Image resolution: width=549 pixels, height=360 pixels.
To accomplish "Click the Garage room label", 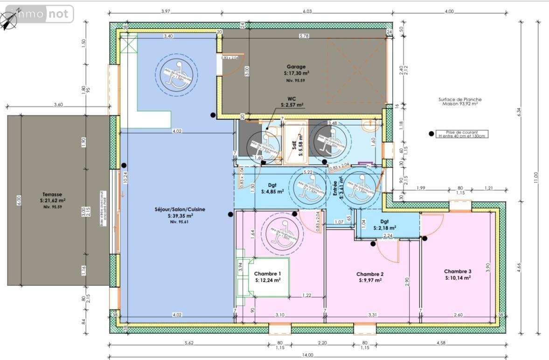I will [x=297, y=66].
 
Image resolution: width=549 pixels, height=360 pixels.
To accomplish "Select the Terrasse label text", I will [x=51, y=194].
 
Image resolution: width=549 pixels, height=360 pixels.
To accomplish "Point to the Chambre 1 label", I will [x=268, y=274].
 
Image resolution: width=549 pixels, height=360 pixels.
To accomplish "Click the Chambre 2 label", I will [x=370, y=274].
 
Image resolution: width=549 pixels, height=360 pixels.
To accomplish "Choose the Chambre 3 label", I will [x=457, y=271].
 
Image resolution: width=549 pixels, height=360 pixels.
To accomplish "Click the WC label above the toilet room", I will [x=292, y=99].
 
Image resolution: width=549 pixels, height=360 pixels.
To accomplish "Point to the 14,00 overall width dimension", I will [x=307, y=355].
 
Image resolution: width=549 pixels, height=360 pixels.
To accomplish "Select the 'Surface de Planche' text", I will [x=460, y=99].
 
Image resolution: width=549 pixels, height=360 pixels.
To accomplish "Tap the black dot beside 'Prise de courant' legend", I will [x=431, y=134].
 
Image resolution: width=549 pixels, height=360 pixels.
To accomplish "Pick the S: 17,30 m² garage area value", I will [x=297, y=73].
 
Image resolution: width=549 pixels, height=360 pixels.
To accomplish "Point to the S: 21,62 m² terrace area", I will [x=53, y=201].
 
